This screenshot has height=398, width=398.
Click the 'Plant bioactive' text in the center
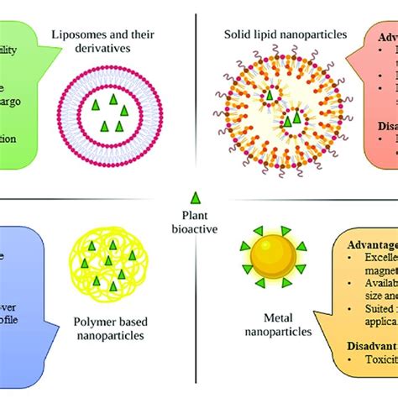(x=195, y=221)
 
